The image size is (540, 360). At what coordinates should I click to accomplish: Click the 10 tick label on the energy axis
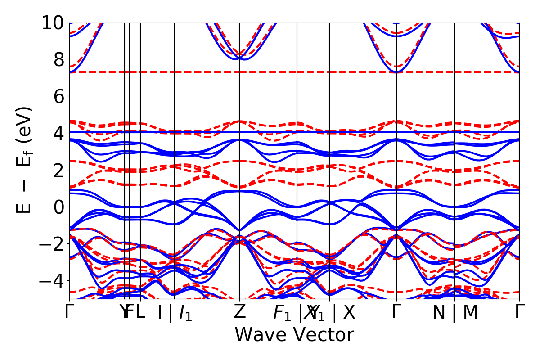coord(53,22)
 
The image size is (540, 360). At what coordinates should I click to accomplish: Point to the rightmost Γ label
coord(520,311)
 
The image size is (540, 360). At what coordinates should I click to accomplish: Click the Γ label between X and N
coord(396,311)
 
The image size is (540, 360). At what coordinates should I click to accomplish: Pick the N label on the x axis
coord(439,313)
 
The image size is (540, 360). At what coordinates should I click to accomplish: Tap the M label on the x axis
coord(470,313)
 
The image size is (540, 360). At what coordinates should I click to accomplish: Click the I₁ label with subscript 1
coord(185,313)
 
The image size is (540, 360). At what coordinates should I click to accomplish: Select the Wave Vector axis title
coord(294,335)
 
